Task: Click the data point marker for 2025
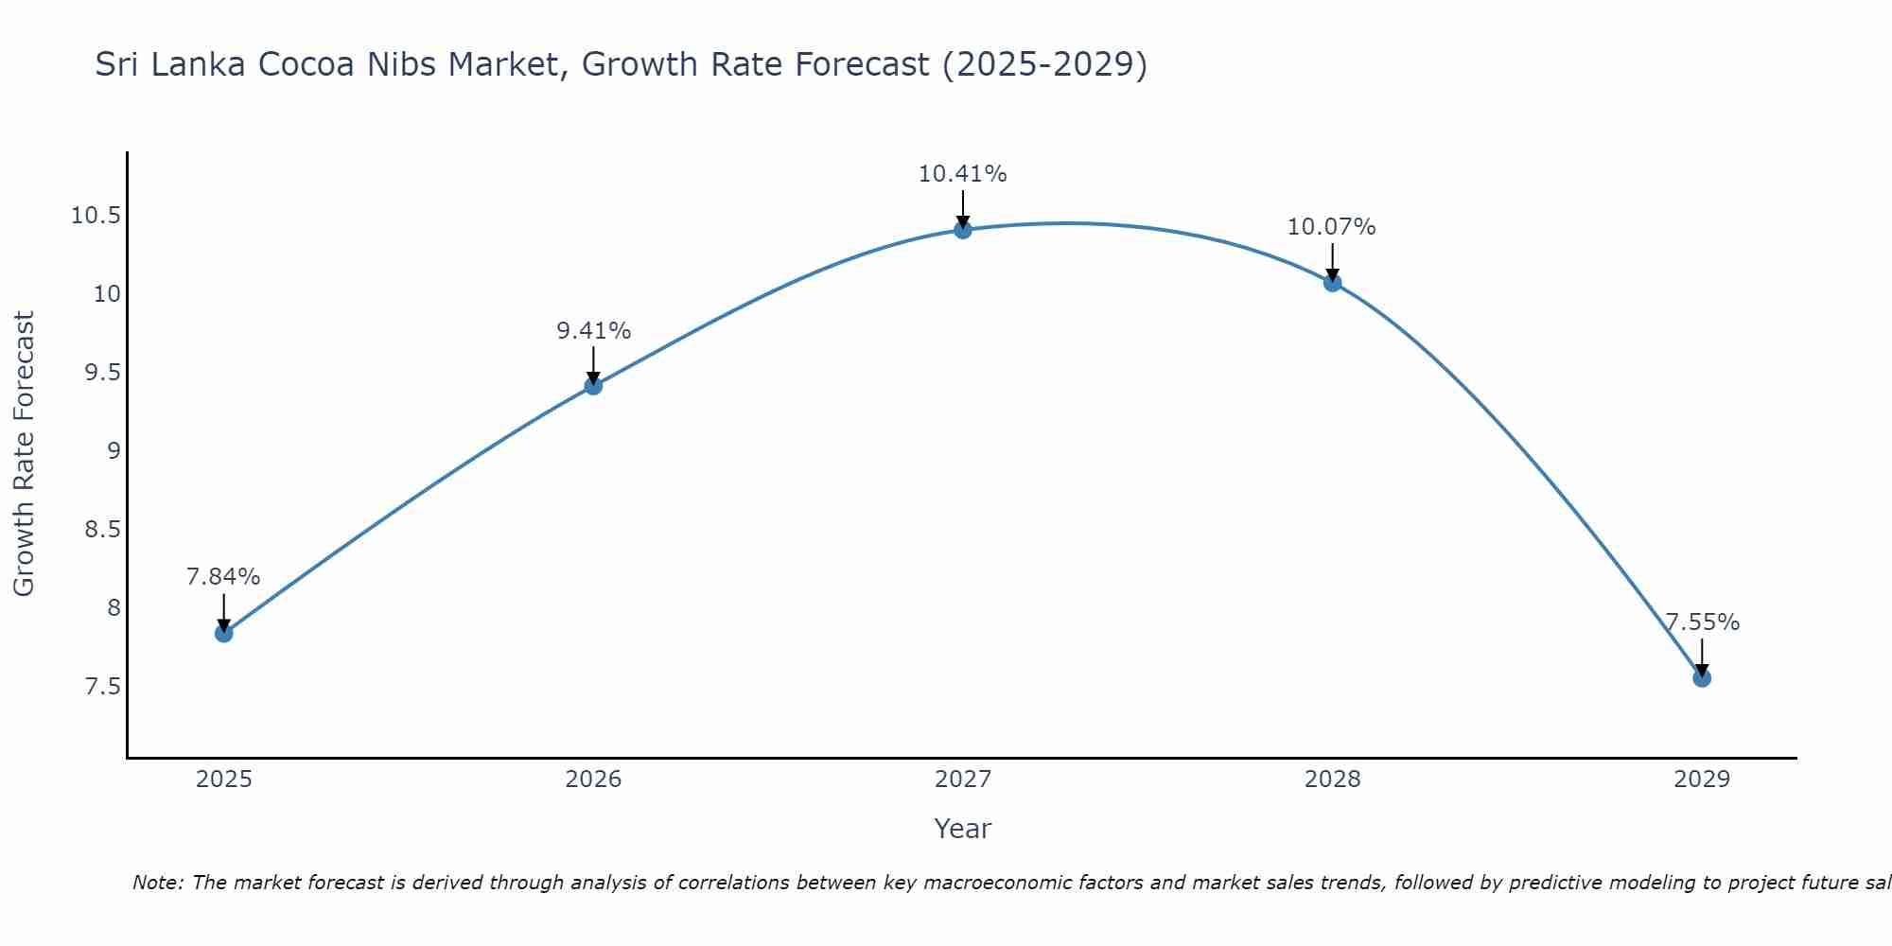pyautogui.click(x=224, y=633)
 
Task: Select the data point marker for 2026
pyautogui.click(x=593, y=385)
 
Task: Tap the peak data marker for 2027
pyautogui.click(x=963, y=229)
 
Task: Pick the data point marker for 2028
pyautogui.click(x=1332, y=282)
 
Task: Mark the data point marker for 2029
pyautogui.click(x=1701, y=677)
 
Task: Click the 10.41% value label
pyautogui.click(x=962, y=174)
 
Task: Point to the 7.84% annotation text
pyautogui.click(x=223, y=577)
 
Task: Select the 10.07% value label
pyautogui.click(x=1331, y=227)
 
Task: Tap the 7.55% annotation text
pyautogui.click(x=1702, y=622)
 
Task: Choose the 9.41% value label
pyautogui.click(x=593, y=331)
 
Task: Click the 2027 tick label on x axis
pyautogui.click(x=962, y=780)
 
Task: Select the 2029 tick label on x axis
pyautogui.click(x=1701, y=780)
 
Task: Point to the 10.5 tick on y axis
pyautogui.click(x=96, y=216)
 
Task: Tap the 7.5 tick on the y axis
pyautogui.click(x=102, y=686)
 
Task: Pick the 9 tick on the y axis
pyautogui.click(x=114, y=450)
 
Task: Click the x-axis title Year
pyautogui.click(x=962, y=829)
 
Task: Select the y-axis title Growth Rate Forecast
pyautogui.click(x=24, y=453)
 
